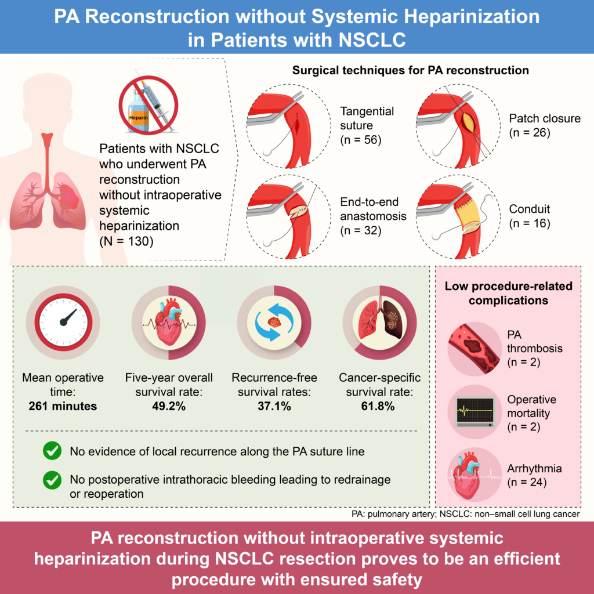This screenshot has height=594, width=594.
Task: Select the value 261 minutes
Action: click(x=63, y=406)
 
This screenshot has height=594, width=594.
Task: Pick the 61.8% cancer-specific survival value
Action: click(x=379, y=406)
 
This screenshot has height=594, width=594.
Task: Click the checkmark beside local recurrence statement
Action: click(x=53, y=451)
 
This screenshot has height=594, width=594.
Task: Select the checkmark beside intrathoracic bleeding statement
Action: click(x=53, y=480)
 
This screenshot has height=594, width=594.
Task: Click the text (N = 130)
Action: click(x=126, y=240)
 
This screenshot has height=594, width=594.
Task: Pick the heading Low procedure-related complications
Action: click(x=508, y=294)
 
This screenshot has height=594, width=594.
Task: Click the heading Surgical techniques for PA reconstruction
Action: click(x=411, y=70)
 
